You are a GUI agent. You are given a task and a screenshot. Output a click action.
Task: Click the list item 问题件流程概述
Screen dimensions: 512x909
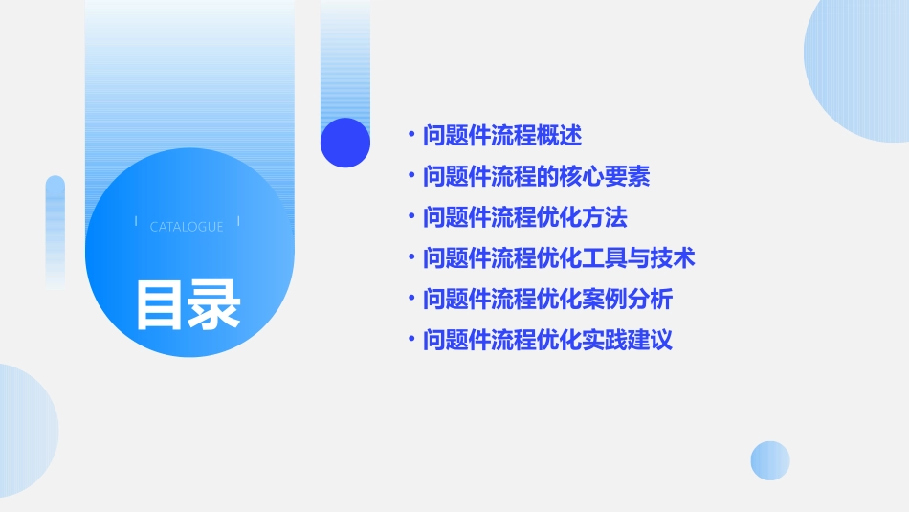pyautogui.click(x=502, y=136)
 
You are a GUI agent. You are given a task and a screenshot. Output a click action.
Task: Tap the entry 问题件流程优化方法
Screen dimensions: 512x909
pyautogui.click(x=525, y=217)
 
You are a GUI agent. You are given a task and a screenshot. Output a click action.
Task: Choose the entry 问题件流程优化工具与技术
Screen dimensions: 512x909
pyautogui.click(x=559, y=257)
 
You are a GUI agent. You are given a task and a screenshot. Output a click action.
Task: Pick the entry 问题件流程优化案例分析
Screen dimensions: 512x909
pyautogui.click(x=548, y=300)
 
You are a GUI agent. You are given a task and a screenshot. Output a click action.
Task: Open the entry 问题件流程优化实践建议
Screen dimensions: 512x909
pyautogui.click(x=548, y=340)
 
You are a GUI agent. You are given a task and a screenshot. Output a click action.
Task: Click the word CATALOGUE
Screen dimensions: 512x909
pyautogui.click(x=187, y=227)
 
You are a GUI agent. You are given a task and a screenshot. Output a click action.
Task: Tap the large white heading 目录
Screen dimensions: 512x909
pyautogui.click(x=188, y=304)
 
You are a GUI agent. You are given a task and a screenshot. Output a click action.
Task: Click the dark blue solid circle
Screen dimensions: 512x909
pyautogui.click(x=345, y=143)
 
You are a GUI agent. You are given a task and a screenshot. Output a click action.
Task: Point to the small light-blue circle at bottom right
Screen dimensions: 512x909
pyautogui.click(x=770, y=460)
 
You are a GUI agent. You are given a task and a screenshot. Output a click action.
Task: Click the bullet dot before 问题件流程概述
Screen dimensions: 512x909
pyautogui.click(x=411, y=136)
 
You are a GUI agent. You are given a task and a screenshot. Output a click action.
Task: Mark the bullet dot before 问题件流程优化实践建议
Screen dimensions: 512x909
pyautogui.click(x=411, y=340)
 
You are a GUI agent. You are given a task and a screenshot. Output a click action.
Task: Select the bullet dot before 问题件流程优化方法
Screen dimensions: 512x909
pyautogui.click(x=411, y=217)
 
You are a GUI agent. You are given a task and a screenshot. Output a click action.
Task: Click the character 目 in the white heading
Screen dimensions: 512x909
pyautogui.click(x=160, y=304)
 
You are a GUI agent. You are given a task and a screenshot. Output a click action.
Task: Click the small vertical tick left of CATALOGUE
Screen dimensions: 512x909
pyautogui.click(x=136, y=222)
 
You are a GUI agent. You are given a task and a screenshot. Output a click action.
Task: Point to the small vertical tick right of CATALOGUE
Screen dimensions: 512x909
pyautogui.click(x=238, y=222)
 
